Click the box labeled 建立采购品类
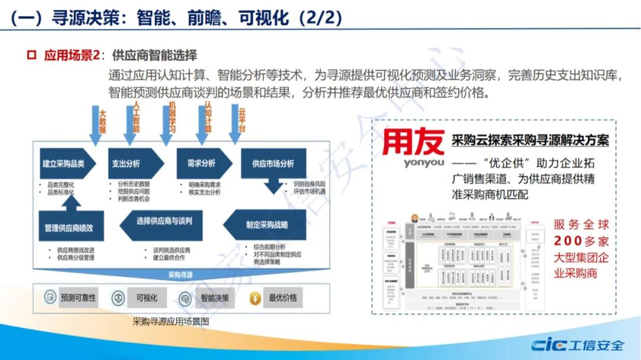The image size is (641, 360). click(63, 164)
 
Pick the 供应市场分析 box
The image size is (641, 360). click(272, 164)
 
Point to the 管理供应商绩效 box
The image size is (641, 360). click(68, 228)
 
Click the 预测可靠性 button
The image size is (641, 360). click(78, 298)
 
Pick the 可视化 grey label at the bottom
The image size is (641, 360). click(147, 298)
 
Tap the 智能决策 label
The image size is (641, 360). click(214, 298)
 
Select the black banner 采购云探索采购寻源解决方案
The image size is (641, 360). click(530, 141)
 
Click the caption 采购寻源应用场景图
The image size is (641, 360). click(171, 321)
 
